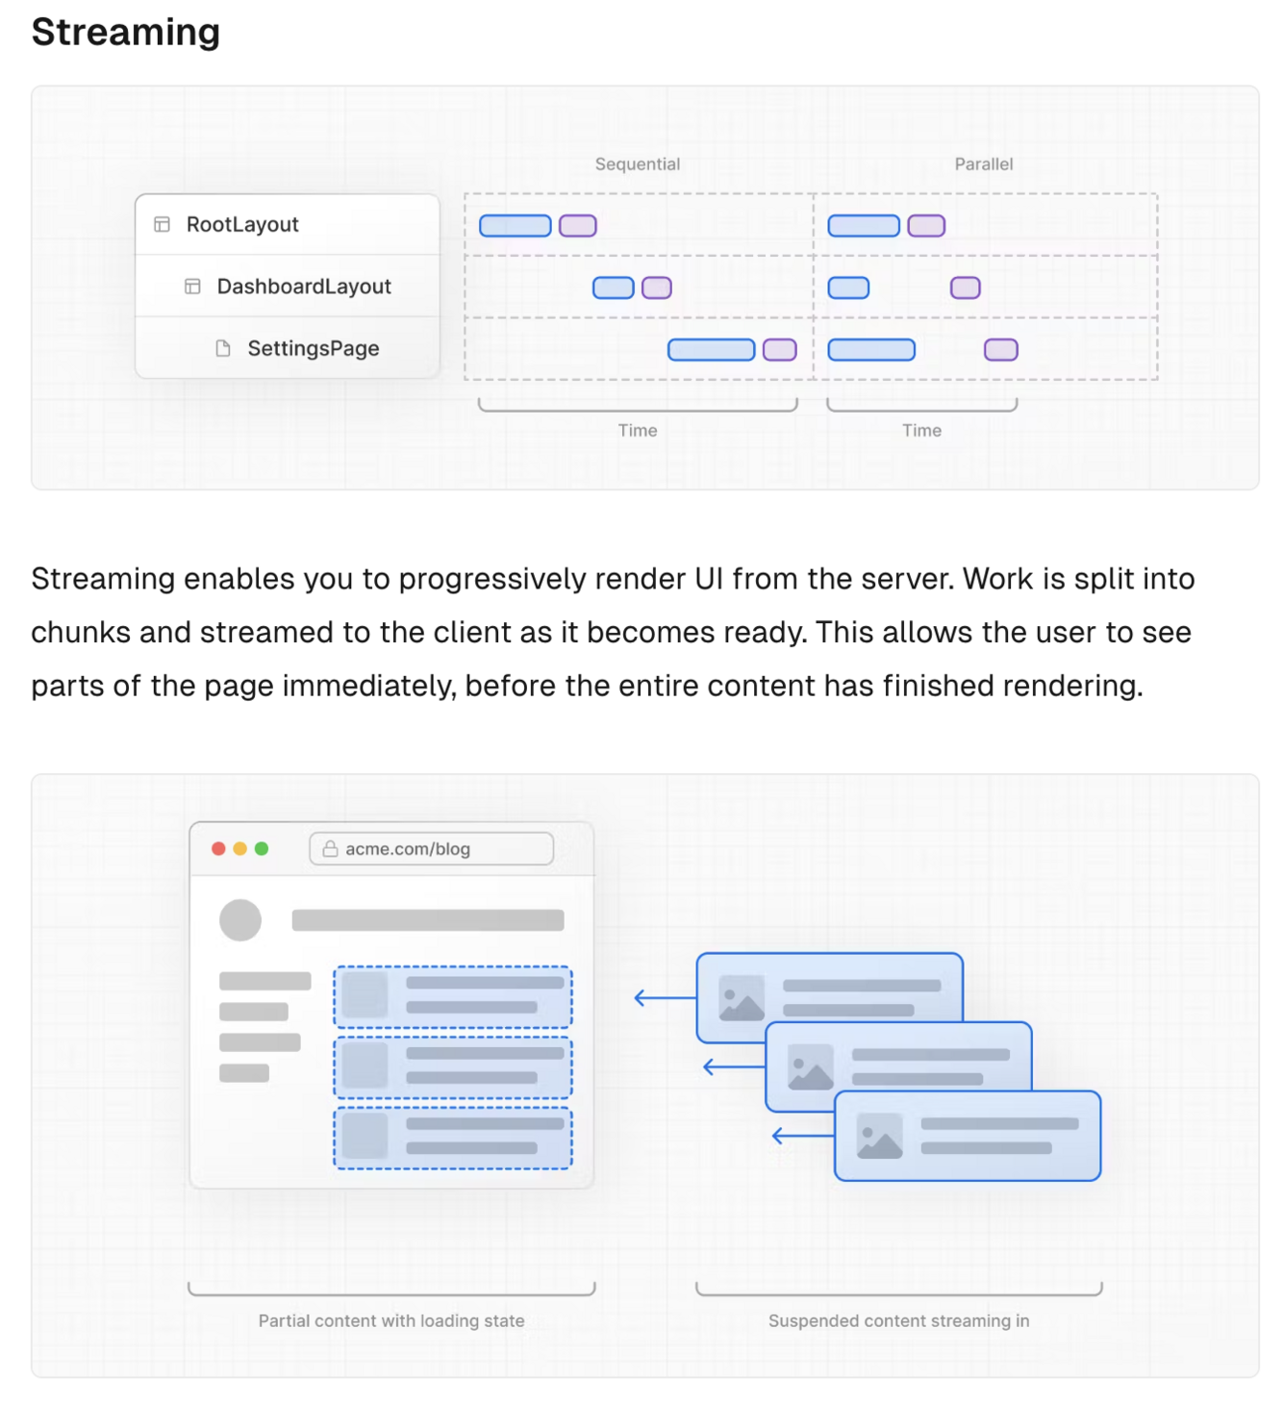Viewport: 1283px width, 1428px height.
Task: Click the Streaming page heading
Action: (x=126, y=32)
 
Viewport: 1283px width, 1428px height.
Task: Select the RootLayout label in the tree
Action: (x=242, y=224)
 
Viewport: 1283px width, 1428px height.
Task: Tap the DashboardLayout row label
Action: (x=304, y=287)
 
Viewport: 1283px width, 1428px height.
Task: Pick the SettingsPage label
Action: (x=314, y=348)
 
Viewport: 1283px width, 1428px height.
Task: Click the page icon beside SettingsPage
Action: (x=223, y=348)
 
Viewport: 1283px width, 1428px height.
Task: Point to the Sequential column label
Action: (x=637, y=164)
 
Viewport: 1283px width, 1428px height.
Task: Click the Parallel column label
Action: (x=983, y=164)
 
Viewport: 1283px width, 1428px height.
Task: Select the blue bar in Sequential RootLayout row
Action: (x=516, y=226)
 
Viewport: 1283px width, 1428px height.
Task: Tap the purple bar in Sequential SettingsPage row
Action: (x=780, y=350)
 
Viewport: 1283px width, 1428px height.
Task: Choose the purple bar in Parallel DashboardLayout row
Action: (x=966, y=288)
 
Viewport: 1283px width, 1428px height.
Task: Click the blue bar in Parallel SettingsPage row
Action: (x=871, y=350)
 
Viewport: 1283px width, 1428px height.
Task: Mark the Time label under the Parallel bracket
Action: (x=921, y=431)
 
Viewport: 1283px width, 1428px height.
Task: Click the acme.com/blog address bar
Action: (x=431, y=849)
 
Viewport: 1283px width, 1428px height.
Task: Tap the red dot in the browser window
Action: (x=218, y=848)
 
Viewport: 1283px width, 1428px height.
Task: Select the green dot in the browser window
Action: (x=262, y=848)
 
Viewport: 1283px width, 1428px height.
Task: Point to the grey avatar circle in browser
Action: (x=240, y=920)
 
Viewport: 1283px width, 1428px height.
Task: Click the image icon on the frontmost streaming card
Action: (x=880, y=1136)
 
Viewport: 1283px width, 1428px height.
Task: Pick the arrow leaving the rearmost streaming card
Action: (x=664, y=998)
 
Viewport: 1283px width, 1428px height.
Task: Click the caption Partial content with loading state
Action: (x=391, y=1321)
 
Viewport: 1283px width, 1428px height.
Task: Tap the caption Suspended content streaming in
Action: (x=898, y=1321)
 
